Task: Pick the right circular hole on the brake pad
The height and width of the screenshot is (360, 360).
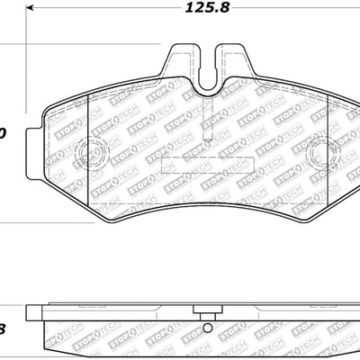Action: tap(320, 155)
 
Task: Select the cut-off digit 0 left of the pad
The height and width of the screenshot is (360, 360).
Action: tap(3, 133)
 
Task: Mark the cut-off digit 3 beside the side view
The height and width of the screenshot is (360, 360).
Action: tap(3, 329)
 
